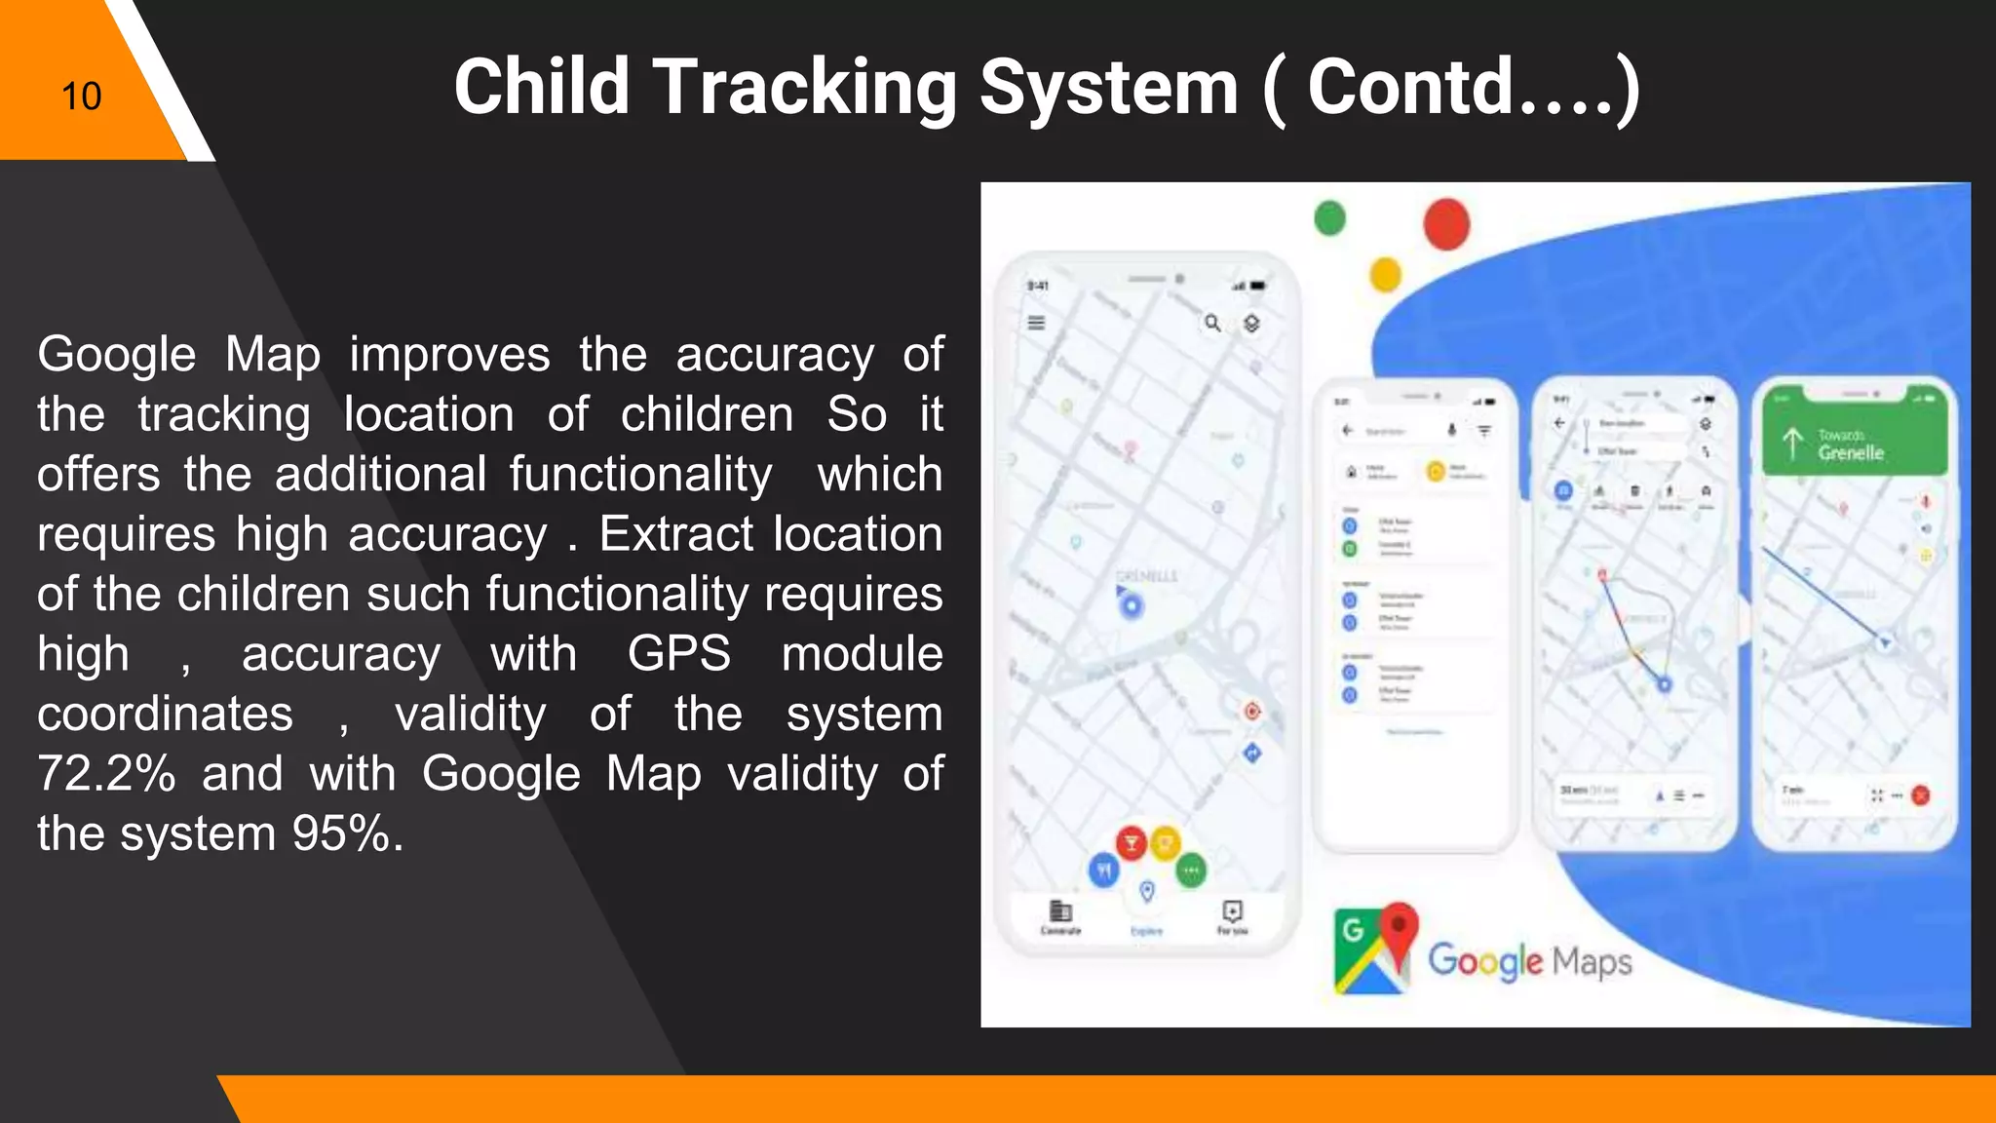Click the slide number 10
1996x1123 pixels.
pos(81,97)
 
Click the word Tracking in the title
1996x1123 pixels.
pos(805,88)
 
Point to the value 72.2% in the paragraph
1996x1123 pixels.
pos(106,774)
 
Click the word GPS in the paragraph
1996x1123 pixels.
pos(678,654)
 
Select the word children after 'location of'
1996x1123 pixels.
pos(708,414)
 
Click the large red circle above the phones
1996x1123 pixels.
pos(1446,223)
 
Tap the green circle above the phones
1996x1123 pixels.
pos(1330,217)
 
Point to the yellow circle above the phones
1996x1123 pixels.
pos(1385,274)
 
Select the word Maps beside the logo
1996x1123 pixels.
pos(1592,962)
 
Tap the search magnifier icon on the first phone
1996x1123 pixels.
pos(1212,323)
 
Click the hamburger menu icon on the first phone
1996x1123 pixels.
pos(1036,323)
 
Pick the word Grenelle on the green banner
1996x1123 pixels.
pos(1851,453)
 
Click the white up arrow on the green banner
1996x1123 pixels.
pos(1792,444)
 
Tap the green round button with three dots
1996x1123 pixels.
pos(1191,870)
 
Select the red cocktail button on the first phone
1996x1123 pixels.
pos(1131,843)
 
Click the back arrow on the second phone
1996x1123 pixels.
pos(1348,430)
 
